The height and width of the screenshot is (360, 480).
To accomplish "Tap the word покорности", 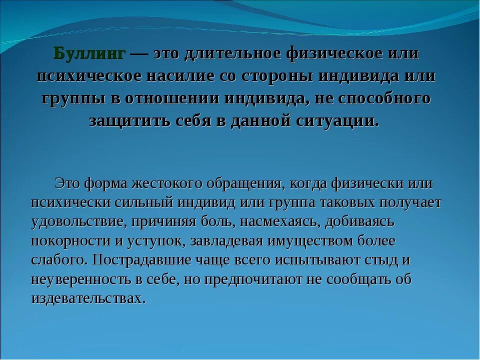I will (x=69, y=241).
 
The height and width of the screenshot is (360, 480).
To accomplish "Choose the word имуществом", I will (x=309, y=241).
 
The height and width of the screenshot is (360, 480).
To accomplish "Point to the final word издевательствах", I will (x=88, y=298).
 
